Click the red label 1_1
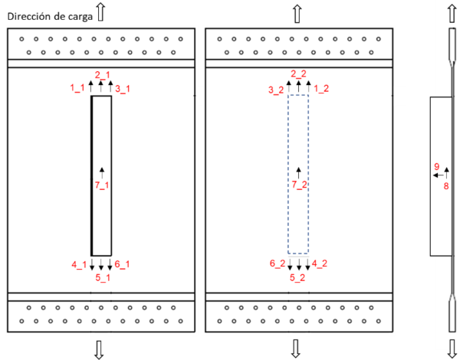point(77,88)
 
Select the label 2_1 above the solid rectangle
point(102,74)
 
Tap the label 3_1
point(123,89)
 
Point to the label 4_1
point(80,264)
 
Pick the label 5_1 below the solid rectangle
point(102,277)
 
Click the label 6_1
point(123,264)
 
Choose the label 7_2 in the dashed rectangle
point(299,185)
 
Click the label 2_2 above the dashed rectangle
point(299,74)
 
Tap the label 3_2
point(276,90)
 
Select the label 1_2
point(320,89)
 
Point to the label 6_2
point(277,264)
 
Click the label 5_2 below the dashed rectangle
point(299,277)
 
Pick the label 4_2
point(320,264)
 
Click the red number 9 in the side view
point(436,166)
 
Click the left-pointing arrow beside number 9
point(435,175)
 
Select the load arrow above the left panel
point(100,11)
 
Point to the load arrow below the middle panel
point(297,349)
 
